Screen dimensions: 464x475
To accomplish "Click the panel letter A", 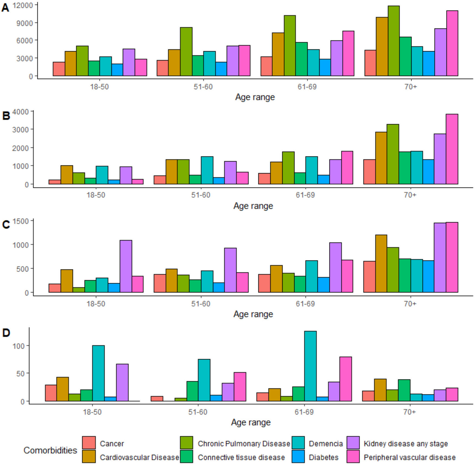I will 5,8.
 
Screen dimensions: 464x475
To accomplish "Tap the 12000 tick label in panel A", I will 23,5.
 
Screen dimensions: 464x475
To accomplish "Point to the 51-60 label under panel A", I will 203,87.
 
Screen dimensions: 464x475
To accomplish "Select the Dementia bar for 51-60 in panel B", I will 207,170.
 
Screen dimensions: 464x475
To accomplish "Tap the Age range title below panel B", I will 253,206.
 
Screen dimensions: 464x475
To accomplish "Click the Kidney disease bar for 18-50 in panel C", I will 126,266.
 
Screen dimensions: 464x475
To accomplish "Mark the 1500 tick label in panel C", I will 21,221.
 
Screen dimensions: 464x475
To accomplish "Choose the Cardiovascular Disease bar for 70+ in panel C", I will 381,263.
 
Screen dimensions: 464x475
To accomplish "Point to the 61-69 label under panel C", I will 305,304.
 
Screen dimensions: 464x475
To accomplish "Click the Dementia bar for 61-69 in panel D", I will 310,366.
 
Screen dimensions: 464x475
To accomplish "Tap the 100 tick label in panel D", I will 19,346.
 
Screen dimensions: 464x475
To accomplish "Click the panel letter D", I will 6,333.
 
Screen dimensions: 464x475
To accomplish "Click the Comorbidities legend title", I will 50,450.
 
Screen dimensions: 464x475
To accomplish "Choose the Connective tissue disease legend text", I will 241,457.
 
